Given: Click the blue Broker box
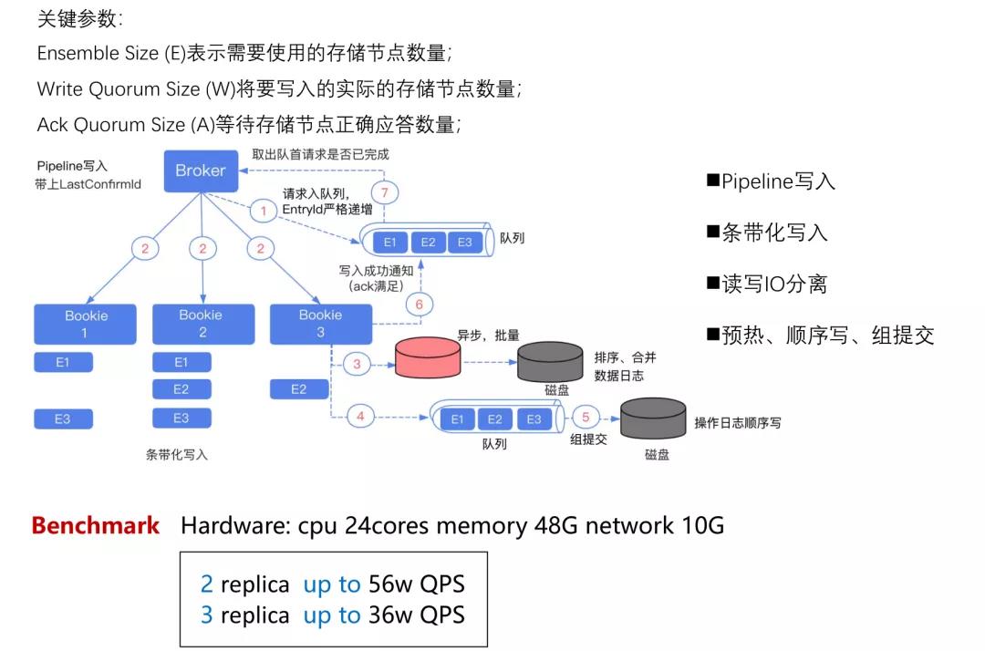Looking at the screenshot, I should point(200,171).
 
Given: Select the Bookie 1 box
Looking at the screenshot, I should point(85,324).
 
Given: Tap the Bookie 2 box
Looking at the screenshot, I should point(202,324).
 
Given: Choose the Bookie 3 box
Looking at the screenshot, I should point(320,324).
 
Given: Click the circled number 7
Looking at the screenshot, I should point(386,192).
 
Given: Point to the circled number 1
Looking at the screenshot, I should point(264,212).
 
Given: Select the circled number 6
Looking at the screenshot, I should point(419,305).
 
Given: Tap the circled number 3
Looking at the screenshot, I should point(357,364).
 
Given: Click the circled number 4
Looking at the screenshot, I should point(360,417).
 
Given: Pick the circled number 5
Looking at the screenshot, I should point(586,418).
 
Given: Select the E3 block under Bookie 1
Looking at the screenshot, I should point(62,419).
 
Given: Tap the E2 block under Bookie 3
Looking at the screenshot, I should point(298,389).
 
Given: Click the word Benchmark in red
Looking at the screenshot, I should point(95,526).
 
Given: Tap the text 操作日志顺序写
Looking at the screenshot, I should point(737,423).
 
